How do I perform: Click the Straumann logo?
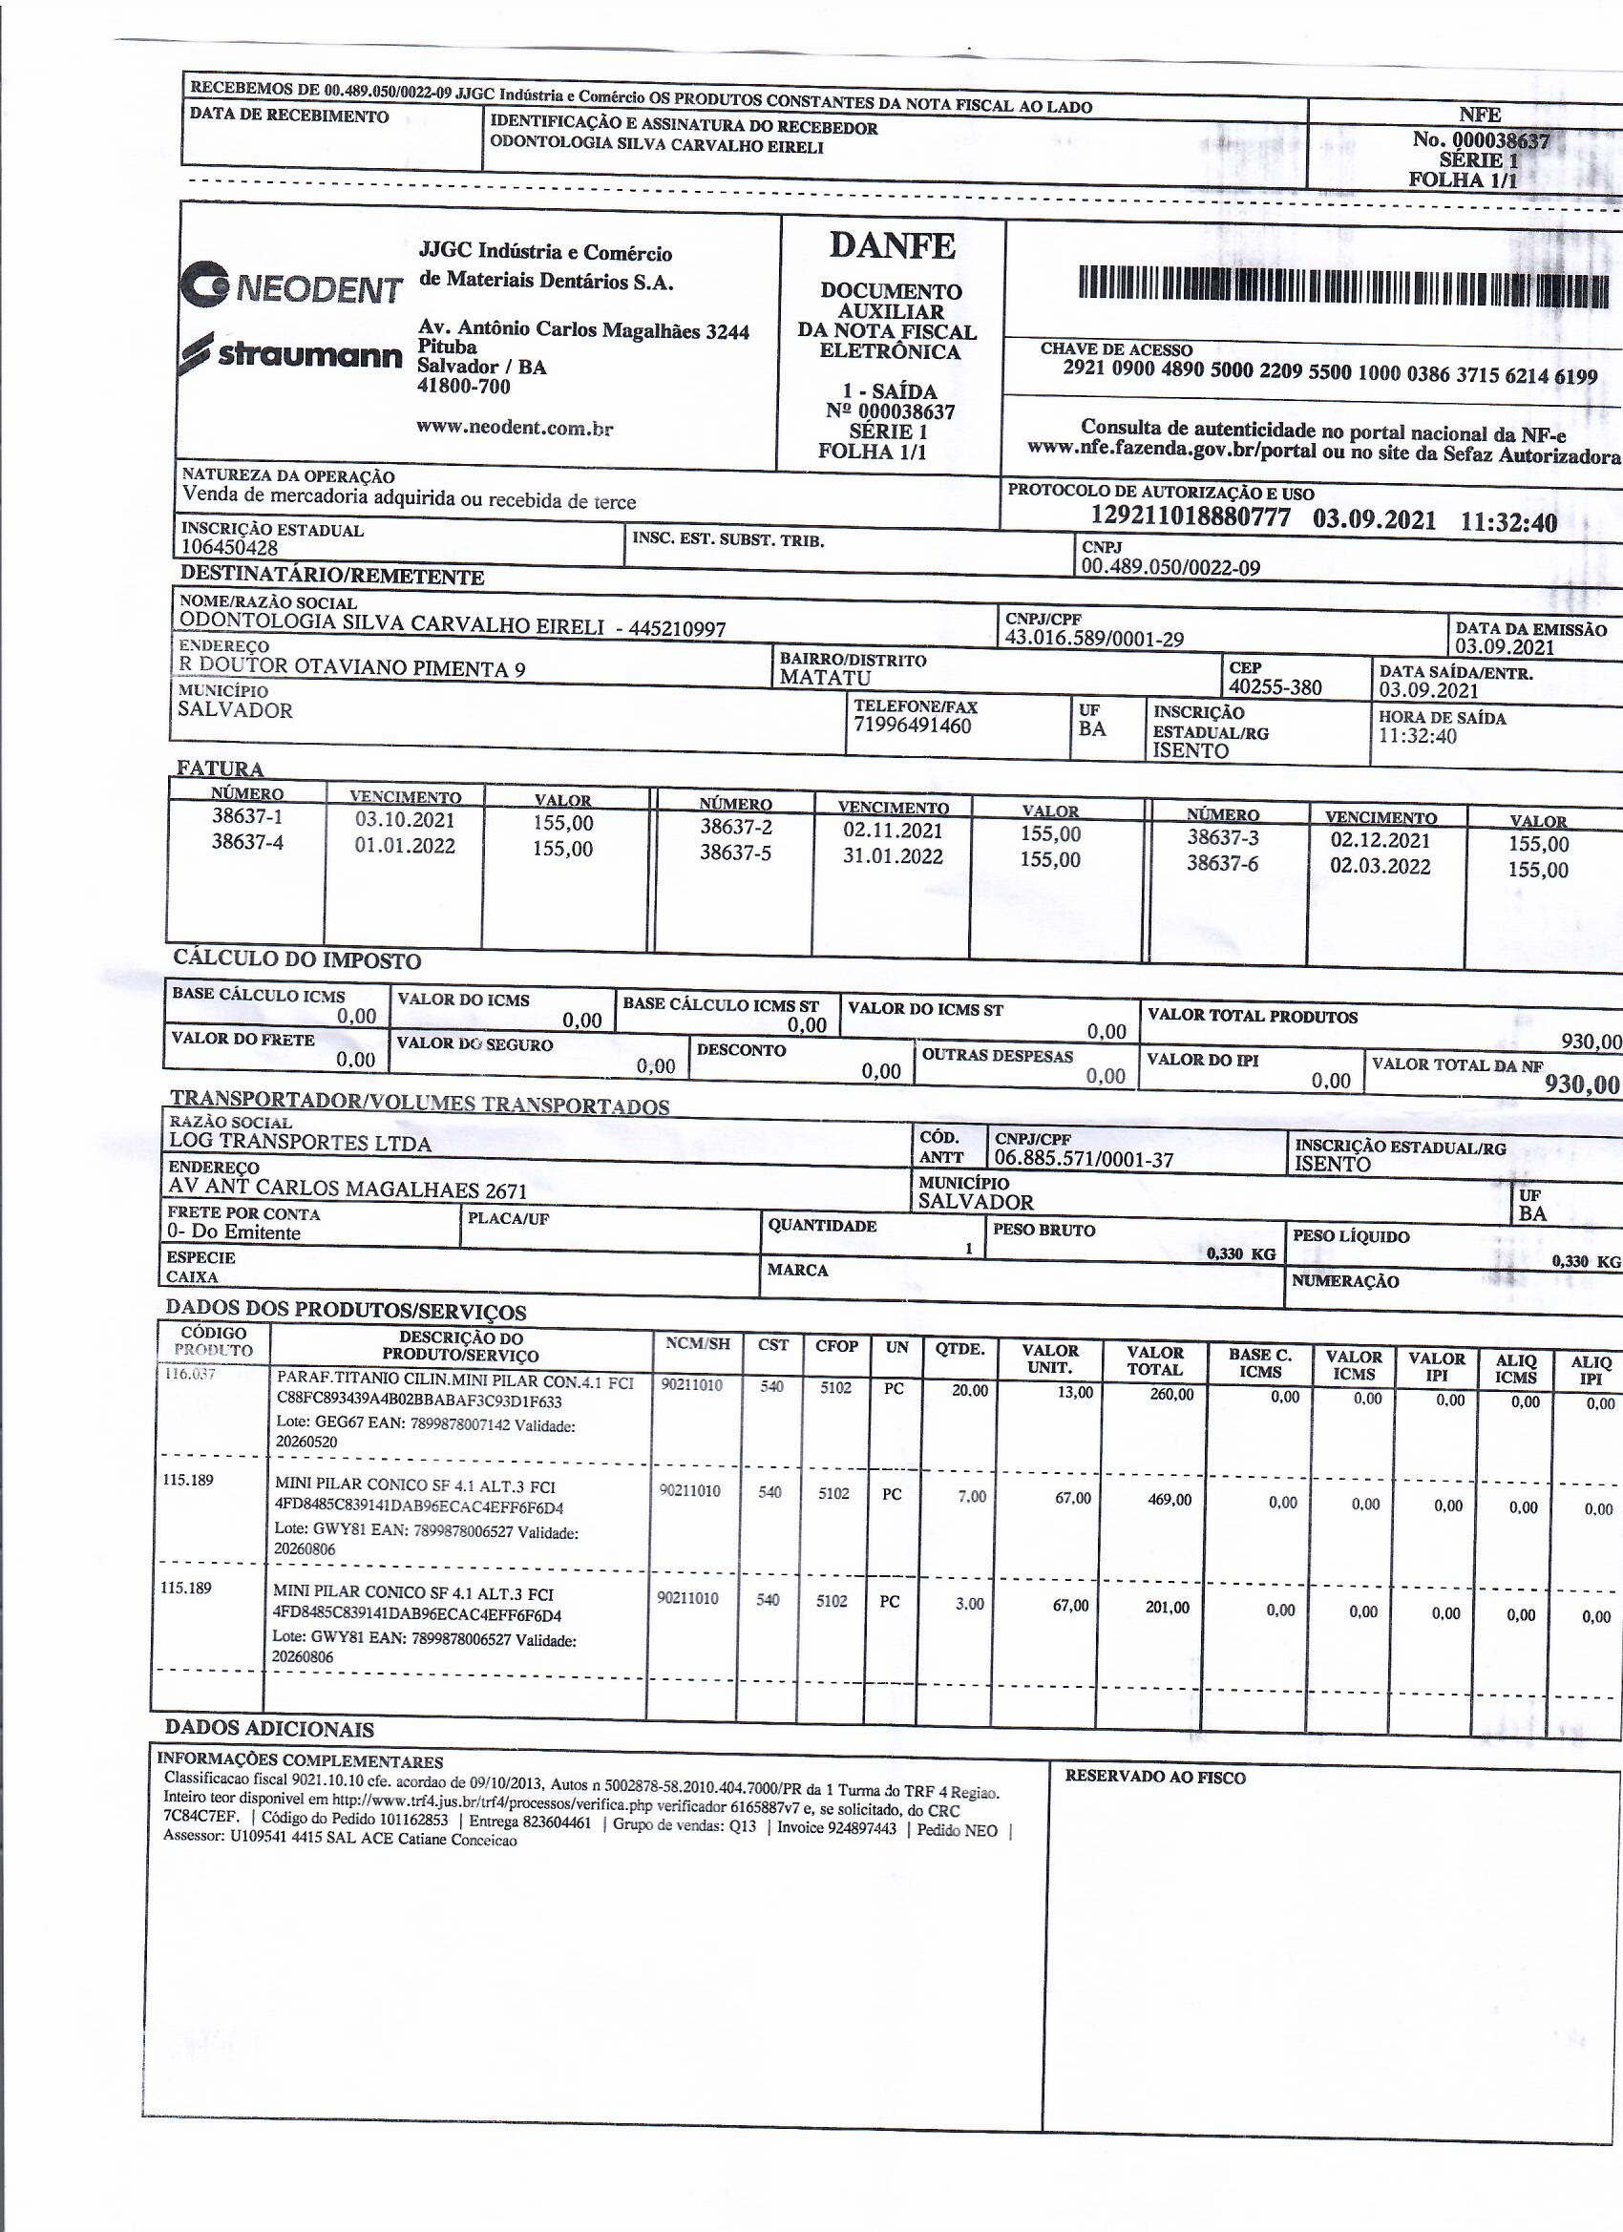[x=292, y=352]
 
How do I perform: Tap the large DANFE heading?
[x=892, y=245]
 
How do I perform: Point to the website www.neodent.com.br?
[x=515, y=427]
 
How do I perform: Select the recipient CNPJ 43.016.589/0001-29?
[x=1093, y=639]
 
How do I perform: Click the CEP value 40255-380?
[x=1275, y=687]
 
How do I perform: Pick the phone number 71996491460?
[x=913, y=726]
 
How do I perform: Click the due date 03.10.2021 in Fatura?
[x=406, y=820]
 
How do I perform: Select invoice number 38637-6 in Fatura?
[x=1222, y=863]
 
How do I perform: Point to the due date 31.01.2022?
[x=893, y=856]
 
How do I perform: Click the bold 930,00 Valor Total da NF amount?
[x=1581, y=1084]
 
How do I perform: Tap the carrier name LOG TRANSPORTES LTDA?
[x=300, y=1143]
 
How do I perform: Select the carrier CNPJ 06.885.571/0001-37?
[x=1084, y=1159]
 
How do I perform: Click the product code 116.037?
[x=189, y=1375]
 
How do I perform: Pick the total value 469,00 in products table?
[x=1169, y=1500]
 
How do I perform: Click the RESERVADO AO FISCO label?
[x=1154, y=1778]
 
